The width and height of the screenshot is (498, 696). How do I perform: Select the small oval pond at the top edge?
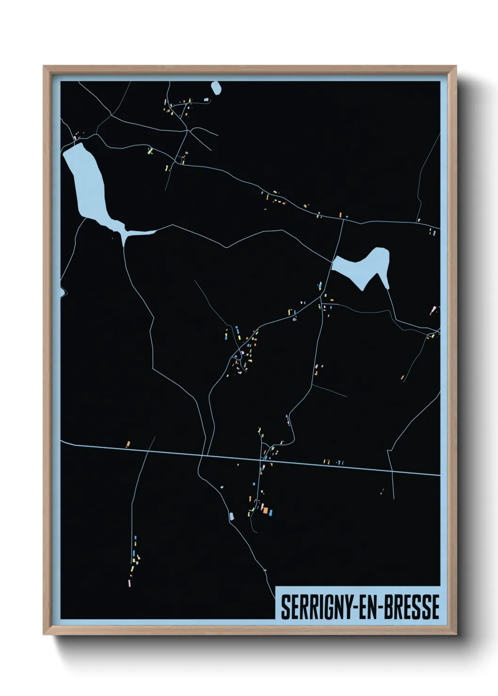[x=216, y=88]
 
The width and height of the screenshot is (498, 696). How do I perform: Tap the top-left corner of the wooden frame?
[x=44, y=67]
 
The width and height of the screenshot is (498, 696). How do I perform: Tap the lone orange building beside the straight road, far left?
[x=128, y=443]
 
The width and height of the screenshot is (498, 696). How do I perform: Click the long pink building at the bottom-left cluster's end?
[x=130, y=583]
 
